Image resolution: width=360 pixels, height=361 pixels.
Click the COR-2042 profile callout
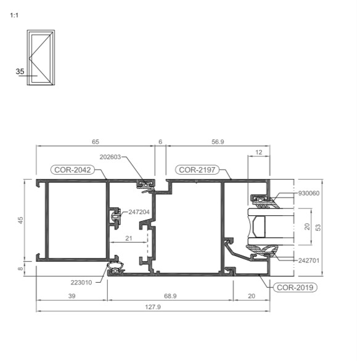click(73, 170)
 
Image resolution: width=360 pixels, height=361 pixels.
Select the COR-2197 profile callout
click(197, 170)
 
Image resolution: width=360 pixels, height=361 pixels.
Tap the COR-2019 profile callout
click(295, 288)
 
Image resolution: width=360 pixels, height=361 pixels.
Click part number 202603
click(110, 157)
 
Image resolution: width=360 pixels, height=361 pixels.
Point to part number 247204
click(139, 212)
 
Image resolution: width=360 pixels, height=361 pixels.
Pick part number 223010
click(81, 283)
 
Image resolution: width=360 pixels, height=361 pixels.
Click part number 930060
click(309, 193)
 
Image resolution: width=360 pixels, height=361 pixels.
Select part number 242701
click(309, 260)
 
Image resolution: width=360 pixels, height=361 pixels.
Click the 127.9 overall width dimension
click(153, 307)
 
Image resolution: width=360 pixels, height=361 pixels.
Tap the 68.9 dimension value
click(170, 296)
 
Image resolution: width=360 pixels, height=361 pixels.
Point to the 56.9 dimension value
click(218, 142)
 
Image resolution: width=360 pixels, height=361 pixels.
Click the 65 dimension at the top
click(96, 142)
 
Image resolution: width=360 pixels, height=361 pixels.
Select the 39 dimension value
click(72, 296)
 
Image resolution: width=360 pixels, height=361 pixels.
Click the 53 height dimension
click(318, 228)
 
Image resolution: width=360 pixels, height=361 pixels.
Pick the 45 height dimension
click(21, 220)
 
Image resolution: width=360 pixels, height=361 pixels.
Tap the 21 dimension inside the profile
click(129, 238)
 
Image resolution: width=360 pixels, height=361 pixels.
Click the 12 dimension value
click(259, 152)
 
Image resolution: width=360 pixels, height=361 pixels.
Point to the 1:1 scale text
click(14, 15)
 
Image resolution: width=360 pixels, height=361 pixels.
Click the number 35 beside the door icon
click(20, 72)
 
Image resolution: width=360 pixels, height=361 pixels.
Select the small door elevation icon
click(41, 57)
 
